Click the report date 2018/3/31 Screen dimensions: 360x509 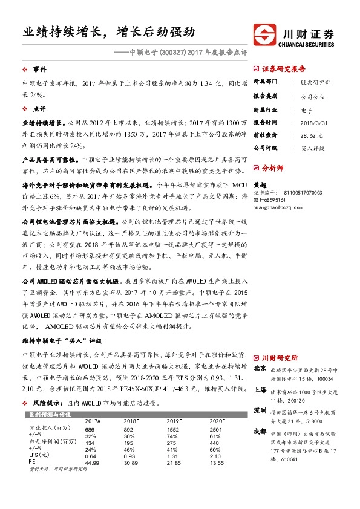pyautogui.click(x=312, y=121)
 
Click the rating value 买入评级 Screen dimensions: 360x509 pyautogui.click(x=313, y=148)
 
